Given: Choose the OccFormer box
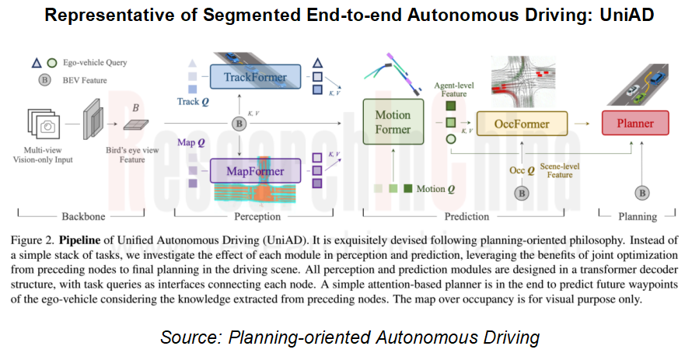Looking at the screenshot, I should (x=522, y=123).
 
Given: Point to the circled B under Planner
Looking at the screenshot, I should (x=642, y=192).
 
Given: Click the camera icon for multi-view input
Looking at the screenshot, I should (x=47, y=127).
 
